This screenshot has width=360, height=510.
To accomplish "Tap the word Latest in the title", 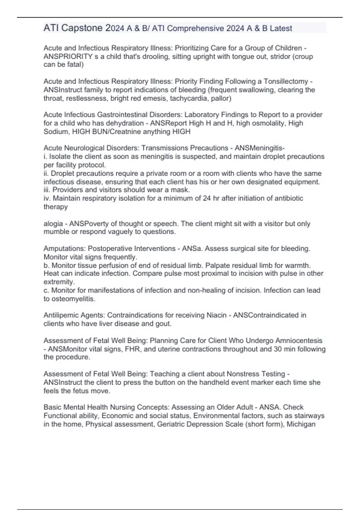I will click(281, 28).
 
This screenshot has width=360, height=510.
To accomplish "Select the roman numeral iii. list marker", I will click(47, 190).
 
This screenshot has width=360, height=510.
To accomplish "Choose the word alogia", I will click(53, 224).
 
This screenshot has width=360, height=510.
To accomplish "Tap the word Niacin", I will click(217, 315).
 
